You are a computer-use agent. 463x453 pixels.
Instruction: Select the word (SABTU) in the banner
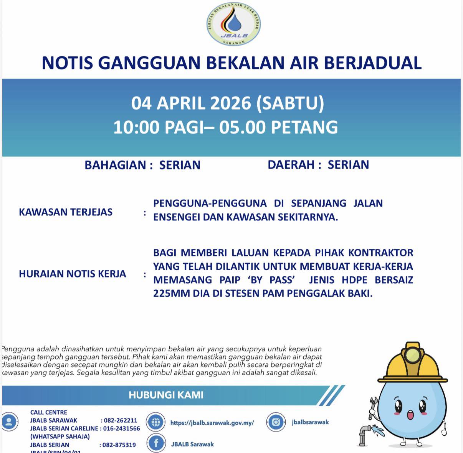(290, 103)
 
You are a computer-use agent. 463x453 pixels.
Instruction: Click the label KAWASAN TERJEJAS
(66, 212)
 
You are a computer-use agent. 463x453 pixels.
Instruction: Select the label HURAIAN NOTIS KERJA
(72, 274)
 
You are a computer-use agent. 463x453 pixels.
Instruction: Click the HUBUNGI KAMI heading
(166, 395)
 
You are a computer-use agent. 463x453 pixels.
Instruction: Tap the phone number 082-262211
(121, 420)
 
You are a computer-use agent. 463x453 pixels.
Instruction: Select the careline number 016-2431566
(121, 428)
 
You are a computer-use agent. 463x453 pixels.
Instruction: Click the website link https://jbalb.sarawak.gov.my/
(212, 423)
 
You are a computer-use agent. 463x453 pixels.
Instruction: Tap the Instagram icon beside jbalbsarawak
(276, 422)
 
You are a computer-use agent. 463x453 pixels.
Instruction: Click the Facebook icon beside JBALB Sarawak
(156, 443)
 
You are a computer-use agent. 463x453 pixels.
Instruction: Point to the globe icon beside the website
(156, 422)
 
